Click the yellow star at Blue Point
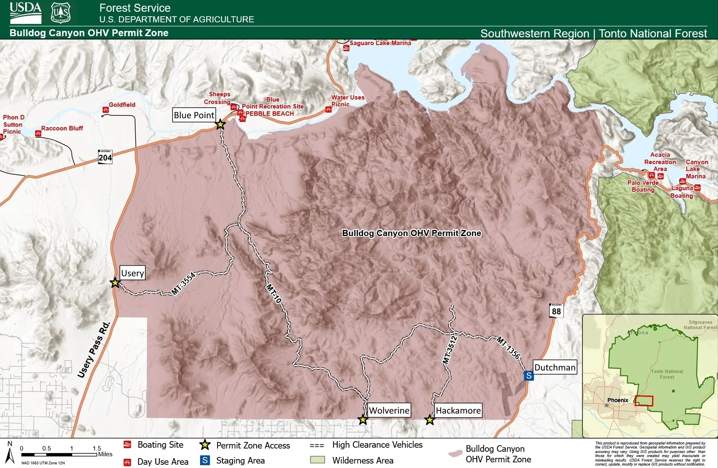coord(220,124)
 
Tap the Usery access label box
coord(132,273)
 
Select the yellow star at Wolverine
coord(363,420)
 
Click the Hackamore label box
coord(458,410)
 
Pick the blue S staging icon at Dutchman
coord(528,376)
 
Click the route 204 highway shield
coord(105,157)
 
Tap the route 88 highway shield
coord(556,311)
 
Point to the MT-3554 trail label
coord(183,283)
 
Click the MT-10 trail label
coord(274,293)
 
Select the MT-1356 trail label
coord(508,348)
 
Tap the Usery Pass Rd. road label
coord(94,350)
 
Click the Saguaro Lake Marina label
coord(380,43)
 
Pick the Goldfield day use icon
coord(106,110)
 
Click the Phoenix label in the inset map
coord(617,400)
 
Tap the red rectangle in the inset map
coord(644,401)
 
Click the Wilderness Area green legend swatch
coord(317,460)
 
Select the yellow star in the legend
coord(205,445)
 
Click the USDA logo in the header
coord(26,13)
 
